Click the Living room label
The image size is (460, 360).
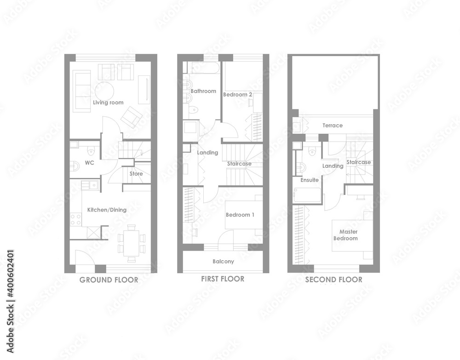coord(108,103)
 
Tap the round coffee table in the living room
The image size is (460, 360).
coord(104,91)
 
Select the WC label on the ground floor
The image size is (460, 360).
coord(90,162)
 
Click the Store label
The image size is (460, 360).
coord(136,173)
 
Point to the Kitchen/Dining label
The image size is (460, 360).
coord(107,210)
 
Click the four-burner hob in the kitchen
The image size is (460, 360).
coord(76,220)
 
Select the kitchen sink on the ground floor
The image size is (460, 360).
coord(90,185)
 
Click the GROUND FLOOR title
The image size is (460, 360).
coord(109,280)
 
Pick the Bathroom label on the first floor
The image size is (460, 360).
coord(203,91)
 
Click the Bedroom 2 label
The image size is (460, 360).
coord(238,94)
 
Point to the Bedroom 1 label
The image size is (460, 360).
coord(240,215)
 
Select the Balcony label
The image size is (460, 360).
coord(223,261)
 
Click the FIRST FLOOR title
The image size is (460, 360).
coord(223,279)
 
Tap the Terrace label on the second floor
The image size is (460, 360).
coord(333,126)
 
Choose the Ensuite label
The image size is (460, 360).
coord(310,180)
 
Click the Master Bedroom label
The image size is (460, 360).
coord(346,235)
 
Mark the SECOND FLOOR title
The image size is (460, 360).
coord(334,280)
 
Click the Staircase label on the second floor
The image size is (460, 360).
coord(358,162)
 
